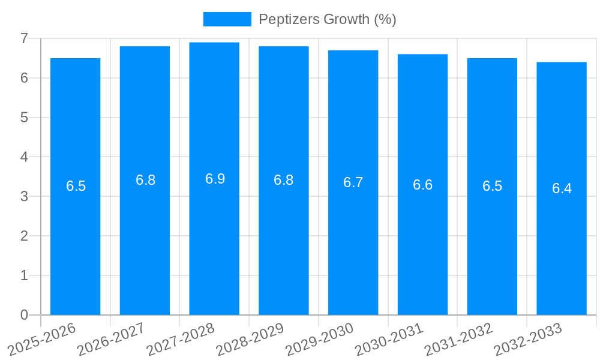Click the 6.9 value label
215,179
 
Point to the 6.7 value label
353,182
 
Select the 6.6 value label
422,185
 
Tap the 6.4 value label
562,188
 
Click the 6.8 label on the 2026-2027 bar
145,180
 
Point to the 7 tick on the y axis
24,38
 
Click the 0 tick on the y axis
24,315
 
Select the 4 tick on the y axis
24,157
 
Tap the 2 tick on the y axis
24,236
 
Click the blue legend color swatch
227,19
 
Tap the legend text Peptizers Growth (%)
327,19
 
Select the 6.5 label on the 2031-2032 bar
492,186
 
